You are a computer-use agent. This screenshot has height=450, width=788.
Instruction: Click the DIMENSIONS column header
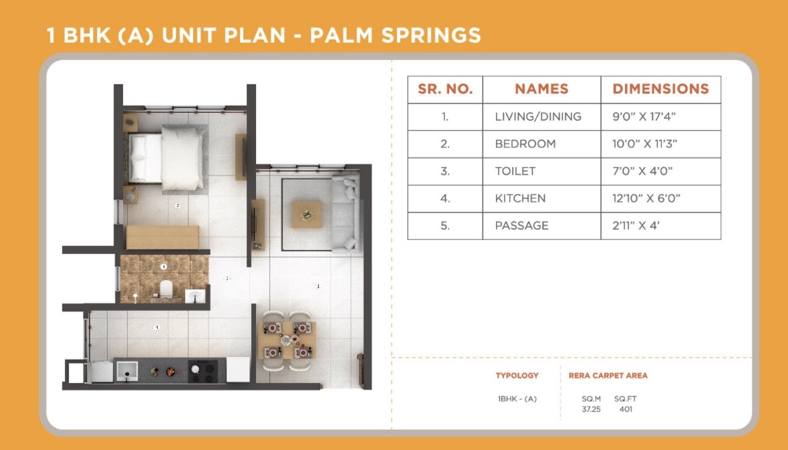(x=660, y=89)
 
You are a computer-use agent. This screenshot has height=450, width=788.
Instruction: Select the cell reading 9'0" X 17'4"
(x=644, y=116)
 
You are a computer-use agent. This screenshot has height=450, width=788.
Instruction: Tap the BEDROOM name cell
(x=525, y=144)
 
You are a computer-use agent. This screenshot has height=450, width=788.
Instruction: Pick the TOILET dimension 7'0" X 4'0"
(x=642, y=171)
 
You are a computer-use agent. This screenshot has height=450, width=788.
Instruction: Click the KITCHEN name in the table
(x=520, y=198)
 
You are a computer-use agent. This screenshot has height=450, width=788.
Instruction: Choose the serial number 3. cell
(x=444, y=171)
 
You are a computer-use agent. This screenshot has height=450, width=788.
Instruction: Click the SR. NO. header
(x=445, y=89)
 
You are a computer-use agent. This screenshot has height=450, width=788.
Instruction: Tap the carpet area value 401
(x=626, y=409)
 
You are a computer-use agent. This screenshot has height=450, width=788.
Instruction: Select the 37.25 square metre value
(x=591, y=409)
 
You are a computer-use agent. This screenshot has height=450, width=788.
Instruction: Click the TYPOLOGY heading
(x=517, y=376)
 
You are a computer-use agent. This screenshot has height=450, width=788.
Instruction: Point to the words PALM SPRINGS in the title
(x=395, y=35)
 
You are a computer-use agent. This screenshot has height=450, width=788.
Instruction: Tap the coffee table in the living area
(x=307, y=215)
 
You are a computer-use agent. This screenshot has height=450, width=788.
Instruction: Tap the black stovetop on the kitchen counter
(x=207, y=372)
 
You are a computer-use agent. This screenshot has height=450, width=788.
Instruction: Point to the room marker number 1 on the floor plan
(x=317, y=286)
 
